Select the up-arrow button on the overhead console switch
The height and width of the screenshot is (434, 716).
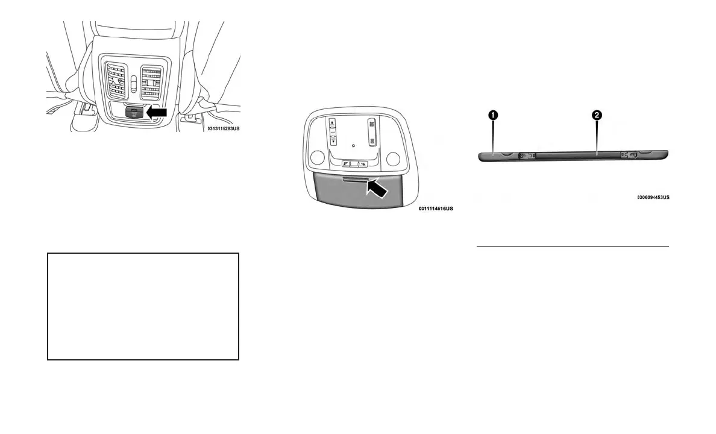332,124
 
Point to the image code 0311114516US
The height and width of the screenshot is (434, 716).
435,209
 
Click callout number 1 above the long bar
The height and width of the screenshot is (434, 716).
492,113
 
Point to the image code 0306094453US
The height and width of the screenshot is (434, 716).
653,197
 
